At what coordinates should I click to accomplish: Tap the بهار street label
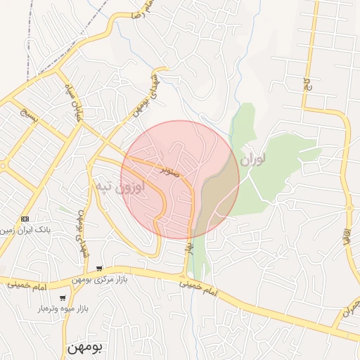click(x=189, y=247)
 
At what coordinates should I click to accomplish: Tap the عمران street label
click(x=349, y=310)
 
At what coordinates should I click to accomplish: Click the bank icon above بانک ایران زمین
click(x=25, y=219)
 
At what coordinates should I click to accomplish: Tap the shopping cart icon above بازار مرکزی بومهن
click(x=100, y=268)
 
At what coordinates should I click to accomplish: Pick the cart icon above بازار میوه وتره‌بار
click(x=63, y=297)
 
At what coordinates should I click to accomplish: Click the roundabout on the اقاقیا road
click(x=349, y=207)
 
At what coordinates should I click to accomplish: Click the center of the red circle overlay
click(x=180, y=179)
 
